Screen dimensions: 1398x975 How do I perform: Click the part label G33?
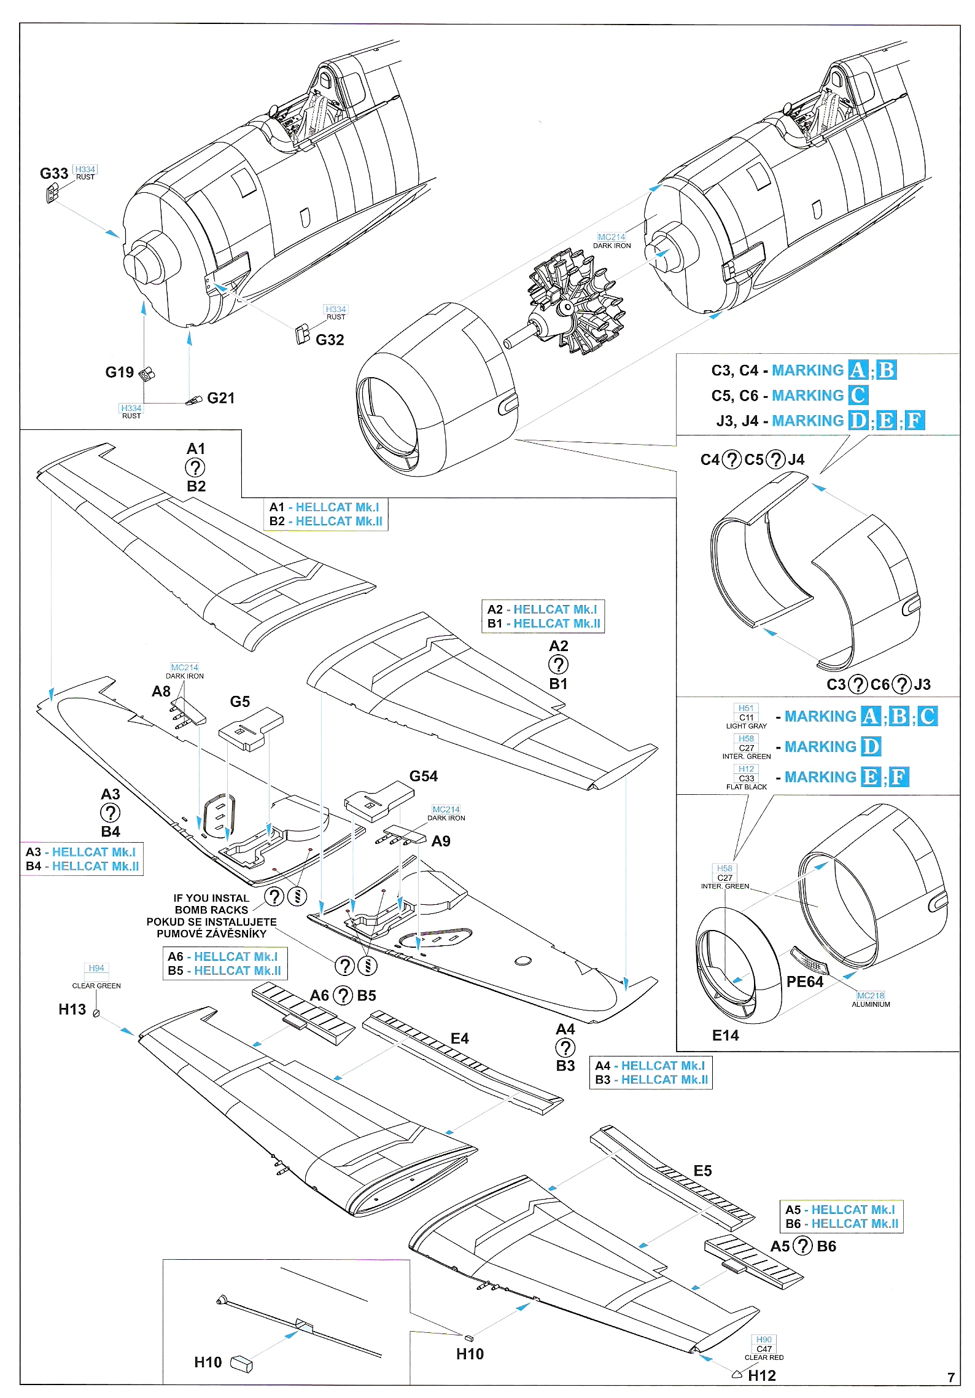54,174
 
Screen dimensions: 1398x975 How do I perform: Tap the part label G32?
330,340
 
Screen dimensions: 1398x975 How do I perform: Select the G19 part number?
119,372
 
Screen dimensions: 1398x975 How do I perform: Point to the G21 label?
221,398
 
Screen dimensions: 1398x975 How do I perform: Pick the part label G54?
424,776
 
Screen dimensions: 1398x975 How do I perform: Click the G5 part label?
240,701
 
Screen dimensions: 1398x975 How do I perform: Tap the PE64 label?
804,982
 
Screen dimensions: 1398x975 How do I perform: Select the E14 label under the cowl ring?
725,1036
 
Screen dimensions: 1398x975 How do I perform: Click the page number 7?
950,1377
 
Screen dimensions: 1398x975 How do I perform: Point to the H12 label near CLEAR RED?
762,1376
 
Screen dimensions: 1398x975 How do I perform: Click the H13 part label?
72,1009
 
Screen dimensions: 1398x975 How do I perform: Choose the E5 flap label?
702,1171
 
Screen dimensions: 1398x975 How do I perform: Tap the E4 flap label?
459,1038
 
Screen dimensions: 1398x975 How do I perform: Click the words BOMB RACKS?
211,910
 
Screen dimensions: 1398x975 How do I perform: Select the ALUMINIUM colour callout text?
871,1004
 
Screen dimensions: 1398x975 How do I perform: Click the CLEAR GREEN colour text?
96,986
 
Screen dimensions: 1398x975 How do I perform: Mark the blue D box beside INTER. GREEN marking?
871,746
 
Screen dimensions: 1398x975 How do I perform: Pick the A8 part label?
161,692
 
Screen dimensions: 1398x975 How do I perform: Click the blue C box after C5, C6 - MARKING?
858,395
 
